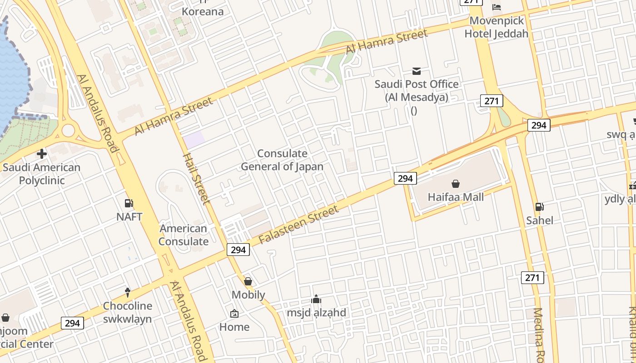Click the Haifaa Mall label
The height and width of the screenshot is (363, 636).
pos(456,197)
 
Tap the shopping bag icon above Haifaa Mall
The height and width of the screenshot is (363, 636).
pos(456,184)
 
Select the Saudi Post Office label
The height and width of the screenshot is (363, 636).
pos(416,90)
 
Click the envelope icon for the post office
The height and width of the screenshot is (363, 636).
pos(416,71)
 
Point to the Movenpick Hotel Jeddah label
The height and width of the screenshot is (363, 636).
pos(497,27)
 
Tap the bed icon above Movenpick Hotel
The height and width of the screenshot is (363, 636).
pos(497,7)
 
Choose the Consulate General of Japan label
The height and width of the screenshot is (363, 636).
pos(282,160)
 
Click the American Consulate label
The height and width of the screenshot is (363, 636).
pos(184,235)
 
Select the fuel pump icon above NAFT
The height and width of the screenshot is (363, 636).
pos(129,203)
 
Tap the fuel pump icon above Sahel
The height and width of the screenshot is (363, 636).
pos(540,207)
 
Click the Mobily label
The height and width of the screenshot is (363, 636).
pos(248,295)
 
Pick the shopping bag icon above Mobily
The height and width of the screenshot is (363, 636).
pos(248,281)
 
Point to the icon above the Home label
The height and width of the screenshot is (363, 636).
pos(234,314)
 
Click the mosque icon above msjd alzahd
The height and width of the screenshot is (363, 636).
pos(316,299)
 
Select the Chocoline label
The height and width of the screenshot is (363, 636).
pos(127,306)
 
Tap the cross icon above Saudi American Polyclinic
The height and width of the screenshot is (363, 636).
pos(42,154)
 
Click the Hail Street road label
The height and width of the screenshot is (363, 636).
pos(196,178)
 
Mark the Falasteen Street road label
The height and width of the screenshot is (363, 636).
pos(298,225)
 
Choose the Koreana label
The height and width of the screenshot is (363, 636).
pos(203,11)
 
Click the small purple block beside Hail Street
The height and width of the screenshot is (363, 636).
pos(194,139)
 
